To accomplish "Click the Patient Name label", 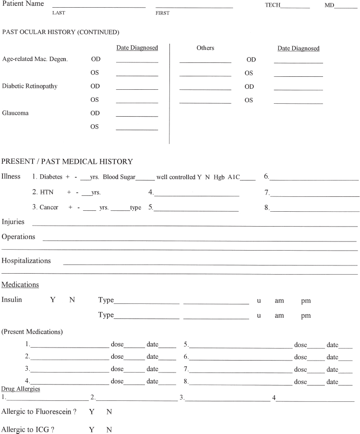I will [x=23, y=4].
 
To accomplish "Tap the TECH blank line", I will [x=295, y=7].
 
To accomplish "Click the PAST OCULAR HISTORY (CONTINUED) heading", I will [x=61, y=32].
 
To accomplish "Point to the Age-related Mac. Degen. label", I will [x=35, y=60].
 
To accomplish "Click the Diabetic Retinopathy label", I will [x=30, y=86].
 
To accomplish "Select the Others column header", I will [x=205, y=48].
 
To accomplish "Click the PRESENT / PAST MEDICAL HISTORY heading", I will [x=67, y=161].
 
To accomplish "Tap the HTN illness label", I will [x=47, y=192].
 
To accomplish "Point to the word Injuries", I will [x=13, y=222].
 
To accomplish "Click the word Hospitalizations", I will [x=26, y=261].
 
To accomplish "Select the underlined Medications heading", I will [x=20, y=285].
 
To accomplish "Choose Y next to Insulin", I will [x=53, y=300].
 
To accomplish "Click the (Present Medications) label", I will [x=32, y=332].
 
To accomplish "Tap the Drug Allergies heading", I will [x=21, y=388].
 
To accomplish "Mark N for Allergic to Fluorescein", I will [x=109, y=412].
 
